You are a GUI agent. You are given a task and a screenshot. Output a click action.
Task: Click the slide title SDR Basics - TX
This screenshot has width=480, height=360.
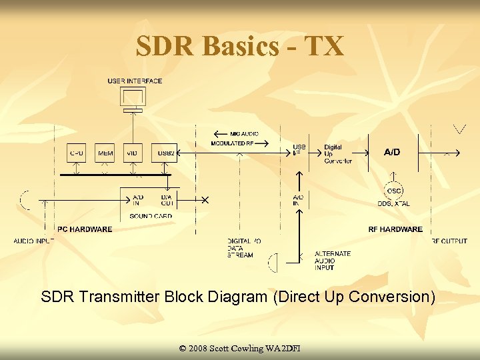coord(240,46)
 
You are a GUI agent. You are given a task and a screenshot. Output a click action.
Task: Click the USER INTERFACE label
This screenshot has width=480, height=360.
coord(135,81)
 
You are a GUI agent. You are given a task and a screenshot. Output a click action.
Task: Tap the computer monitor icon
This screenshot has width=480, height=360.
coord(133,97)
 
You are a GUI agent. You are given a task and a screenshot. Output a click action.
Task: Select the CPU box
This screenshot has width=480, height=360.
coord(77,153)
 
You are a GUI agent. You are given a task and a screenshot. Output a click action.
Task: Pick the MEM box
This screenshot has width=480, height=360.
coord(105,153)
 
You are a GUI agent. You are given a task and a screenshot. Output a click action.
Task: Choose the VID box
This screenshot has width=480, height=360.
coord(132,153)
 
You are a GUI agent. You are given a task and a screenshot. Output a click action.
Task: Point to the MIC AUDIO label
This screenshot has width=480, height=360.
coord(244,133)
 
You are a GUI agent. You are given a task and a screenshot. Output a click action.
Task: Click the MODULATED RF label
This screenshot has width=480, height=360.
coord(232,143)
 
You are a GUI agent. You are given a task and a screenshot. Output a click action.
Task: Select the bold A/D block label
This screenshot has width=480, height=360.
coord(392,152)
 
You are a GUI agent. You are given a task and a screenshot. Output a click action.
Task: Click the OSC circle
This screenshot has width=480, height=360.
coord(394,191)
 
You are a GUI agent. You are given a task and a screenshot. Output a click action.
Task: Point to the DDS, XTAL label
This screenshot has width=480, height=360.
coord(393,203)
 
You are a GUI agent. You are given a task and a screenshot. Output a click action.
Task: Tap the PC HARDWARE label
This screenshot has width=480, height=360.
coord(85,229)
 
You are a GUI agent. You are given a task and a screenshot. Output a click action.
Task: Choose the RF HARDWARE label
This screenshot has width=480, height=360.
coord(395,229)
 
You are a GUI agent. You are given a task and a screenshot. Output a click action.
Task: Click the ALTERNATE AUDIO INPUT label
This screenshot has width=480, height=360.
coord(332,261)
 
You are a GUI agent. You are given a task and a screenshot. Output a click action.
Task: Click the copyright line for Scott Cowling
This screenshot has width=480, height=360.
coord(240,349)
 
